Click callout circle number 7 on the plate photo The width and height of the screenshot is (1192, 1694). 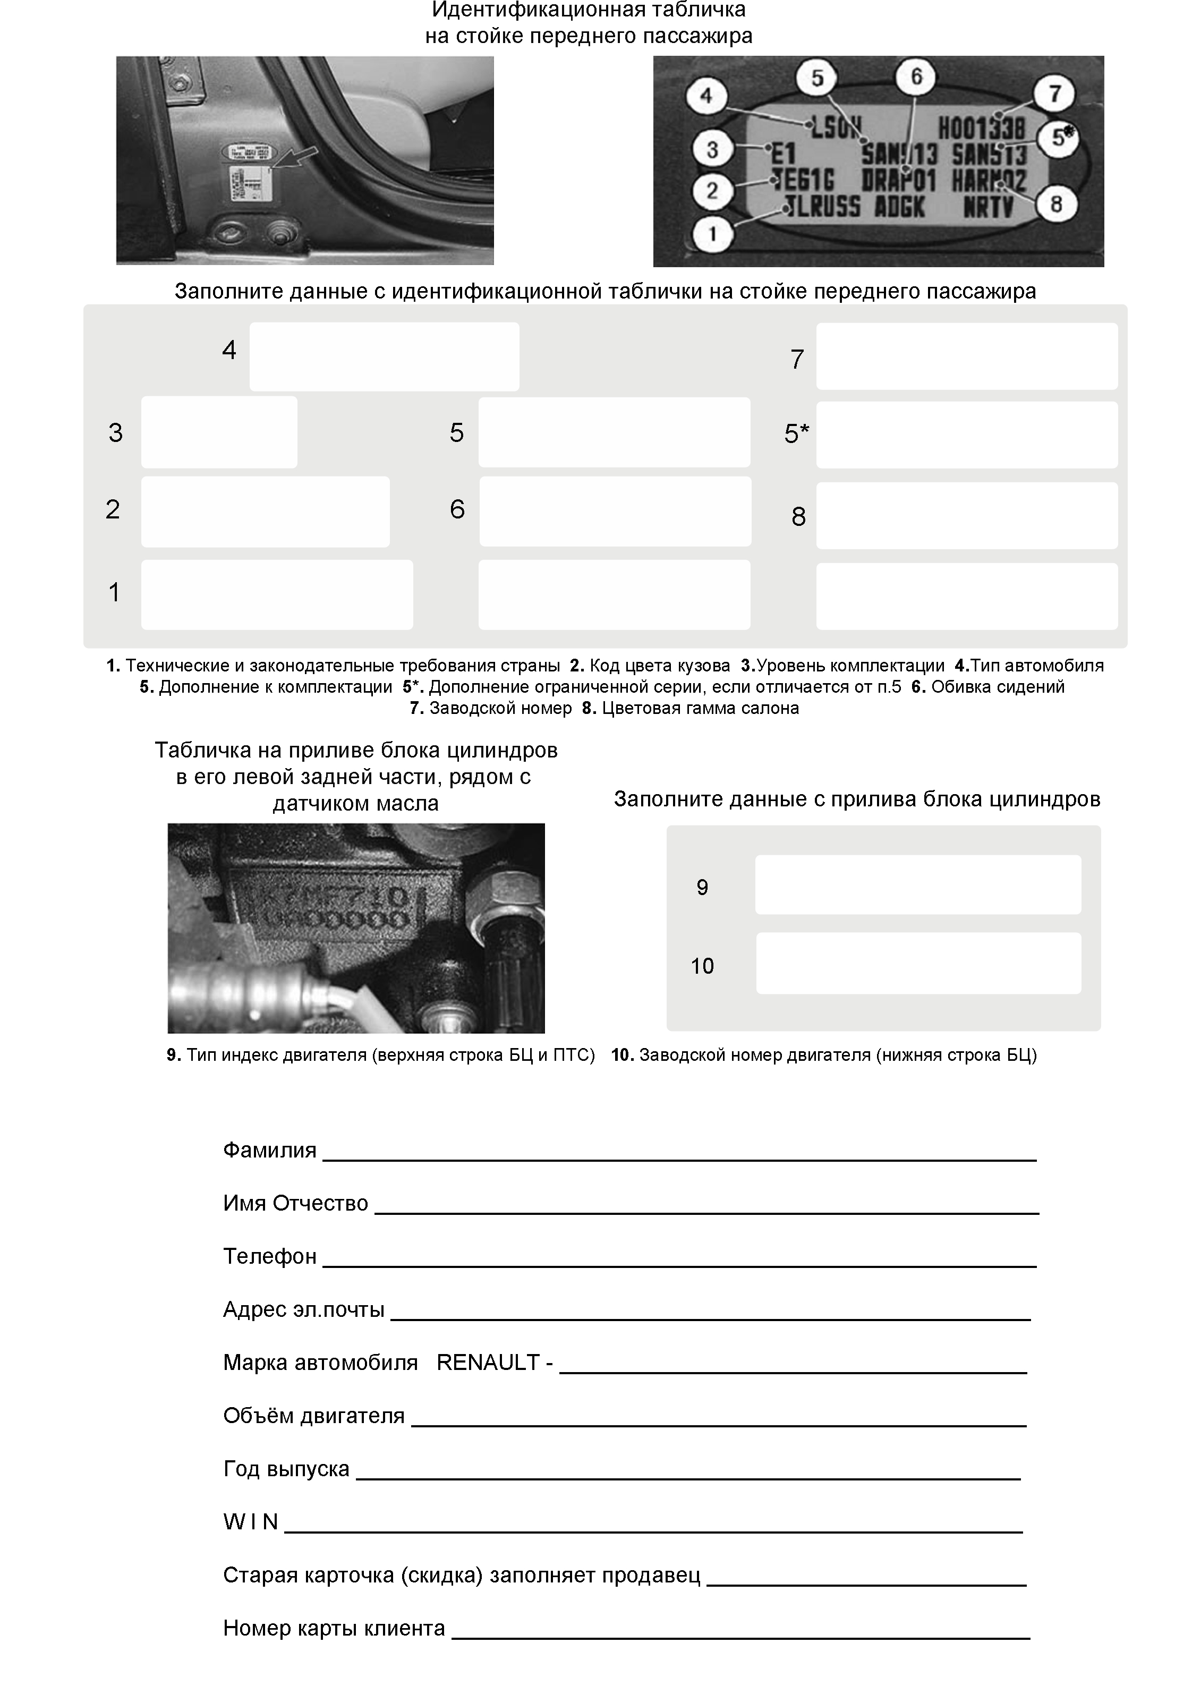coord(1055,93)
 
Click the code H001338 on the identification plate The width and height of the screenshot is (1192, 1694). coord(981,130)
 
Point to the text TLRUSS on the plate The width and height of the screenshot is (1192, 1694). coord(822,207)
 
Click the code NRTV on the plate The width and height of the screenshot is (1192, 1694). coord(989,207)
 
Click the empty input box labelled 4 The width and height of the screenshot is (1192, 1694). coord(384,356)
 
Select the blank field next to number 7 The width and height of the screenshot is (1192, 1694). coord(966,356)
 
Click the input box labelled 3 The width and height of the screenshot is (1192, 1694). coord(219,432)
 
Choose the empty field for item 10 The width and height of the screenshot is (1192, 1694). coord(918,964)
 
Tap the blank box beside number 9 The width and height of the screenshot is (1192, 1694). coord(918,884)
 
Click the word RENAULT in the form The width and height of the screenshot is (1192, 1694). coord(488,1362)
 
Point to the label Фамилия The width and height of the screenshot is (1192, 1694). coord(269,1150)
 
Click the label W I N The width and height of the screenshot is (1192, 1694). coord(250,1521)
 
